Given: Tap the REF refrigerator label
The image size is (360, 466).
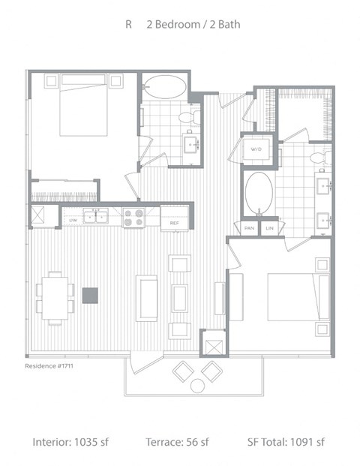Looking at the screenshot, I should coord(173,222).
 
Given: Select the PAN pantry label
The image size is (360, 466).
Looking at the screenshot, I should coord(249,228).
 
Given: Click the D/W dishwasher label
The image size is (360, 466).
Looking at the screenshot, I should coord(73,220).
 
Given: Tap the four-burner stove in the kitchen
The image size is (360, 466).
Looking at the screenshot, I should coord(133,218).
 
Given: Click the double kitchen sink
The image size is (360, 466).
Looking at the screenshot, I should coord(96,218).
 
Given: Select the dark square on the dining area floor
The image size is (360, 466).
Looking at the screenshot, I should coord(90,296).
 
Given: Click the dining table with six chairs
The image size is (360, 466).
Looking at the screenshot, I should coord(55,296).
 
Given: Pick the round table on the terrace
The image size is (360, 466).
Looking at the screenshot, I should coord(197,386).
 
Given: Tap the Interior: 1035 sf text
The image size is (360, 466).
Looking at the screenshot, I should coord(71,442).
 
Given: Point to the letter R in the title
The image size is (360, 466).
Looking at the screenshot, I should coord(129,25).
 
